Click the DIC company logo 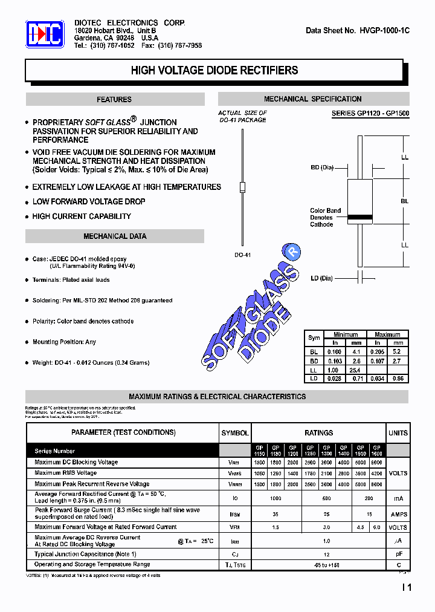coord(45,34)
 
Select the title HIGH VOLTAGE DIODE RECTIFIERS coord(214,70)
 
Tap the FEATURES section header coord(114,99)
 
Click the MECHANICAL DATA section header coord(114,236)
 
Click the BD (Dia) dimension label coord(322,168)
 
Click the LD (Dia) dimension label coord(322,278)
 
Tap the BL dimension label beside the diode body coord(404,201)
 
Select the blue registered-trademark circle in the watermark coord(292,251)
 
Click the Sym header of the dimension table coord(314,338)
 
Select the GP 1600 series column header coord(377,451)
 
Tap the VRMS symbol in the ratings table coord(234,474)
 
